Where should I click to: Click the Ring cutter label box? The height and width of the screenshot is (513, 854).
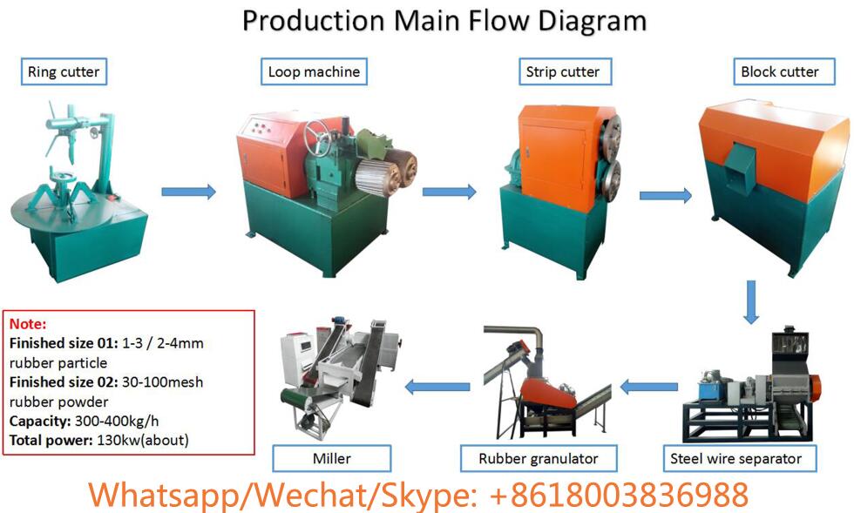coord(64,71)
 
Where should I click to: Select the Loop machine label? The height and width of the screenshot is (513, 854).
coord(315,71)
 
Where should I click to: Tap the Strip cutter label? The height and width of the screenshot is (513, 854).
coord(566,71)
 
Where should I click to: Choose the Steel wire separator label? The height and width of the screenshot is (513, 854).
coord(740,458)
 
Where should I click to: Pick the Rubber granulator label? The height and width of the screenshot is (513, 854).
coord(539,458)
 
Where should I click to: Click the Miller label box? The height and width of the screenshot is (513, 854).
coord(332,458)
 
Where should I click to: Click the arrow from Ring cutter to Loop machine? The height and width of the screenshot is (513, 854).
coord(189,192)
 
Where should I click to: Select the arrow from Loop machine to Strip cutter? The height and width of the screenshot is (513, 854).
coord(450,192)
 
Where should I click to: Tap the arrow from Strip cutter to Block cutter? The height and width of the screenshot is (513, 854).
coord(666,195)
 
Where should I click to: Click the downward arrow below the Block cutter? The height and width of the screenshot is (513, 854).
coord(751,302)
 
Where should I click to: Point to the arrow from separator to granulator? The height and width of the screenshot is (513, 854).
coord(649,388)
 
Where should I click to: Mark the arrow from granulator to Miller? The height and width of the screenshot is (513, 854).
coord(437,388)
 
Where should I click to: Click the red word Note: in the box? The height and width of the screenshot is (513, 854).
coord(28,324)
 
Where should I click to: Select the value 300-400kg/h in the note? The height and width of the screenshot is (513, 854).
coord(117,421)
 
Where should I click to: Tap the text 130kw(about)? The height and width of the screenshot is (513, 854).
coord(143,441)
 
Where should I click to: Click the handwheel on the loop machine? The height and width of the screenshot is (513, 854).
coord(316,138)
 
